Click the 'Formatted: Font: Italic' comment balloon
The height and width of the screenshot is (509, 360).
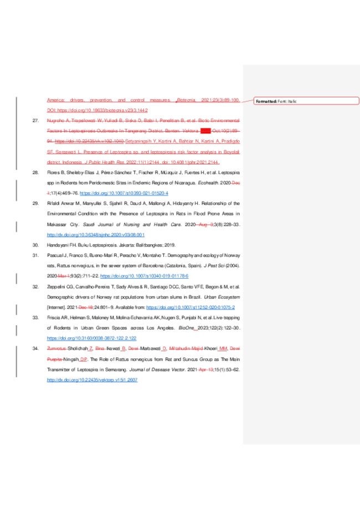[306, 101]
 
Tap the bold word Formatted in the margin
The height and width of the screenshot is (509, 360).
[266, 101]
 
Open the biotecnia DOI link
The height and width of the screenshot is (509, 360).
[96, 111]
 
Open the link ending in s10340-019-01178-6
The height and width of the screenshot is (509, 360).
[144, 276]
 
